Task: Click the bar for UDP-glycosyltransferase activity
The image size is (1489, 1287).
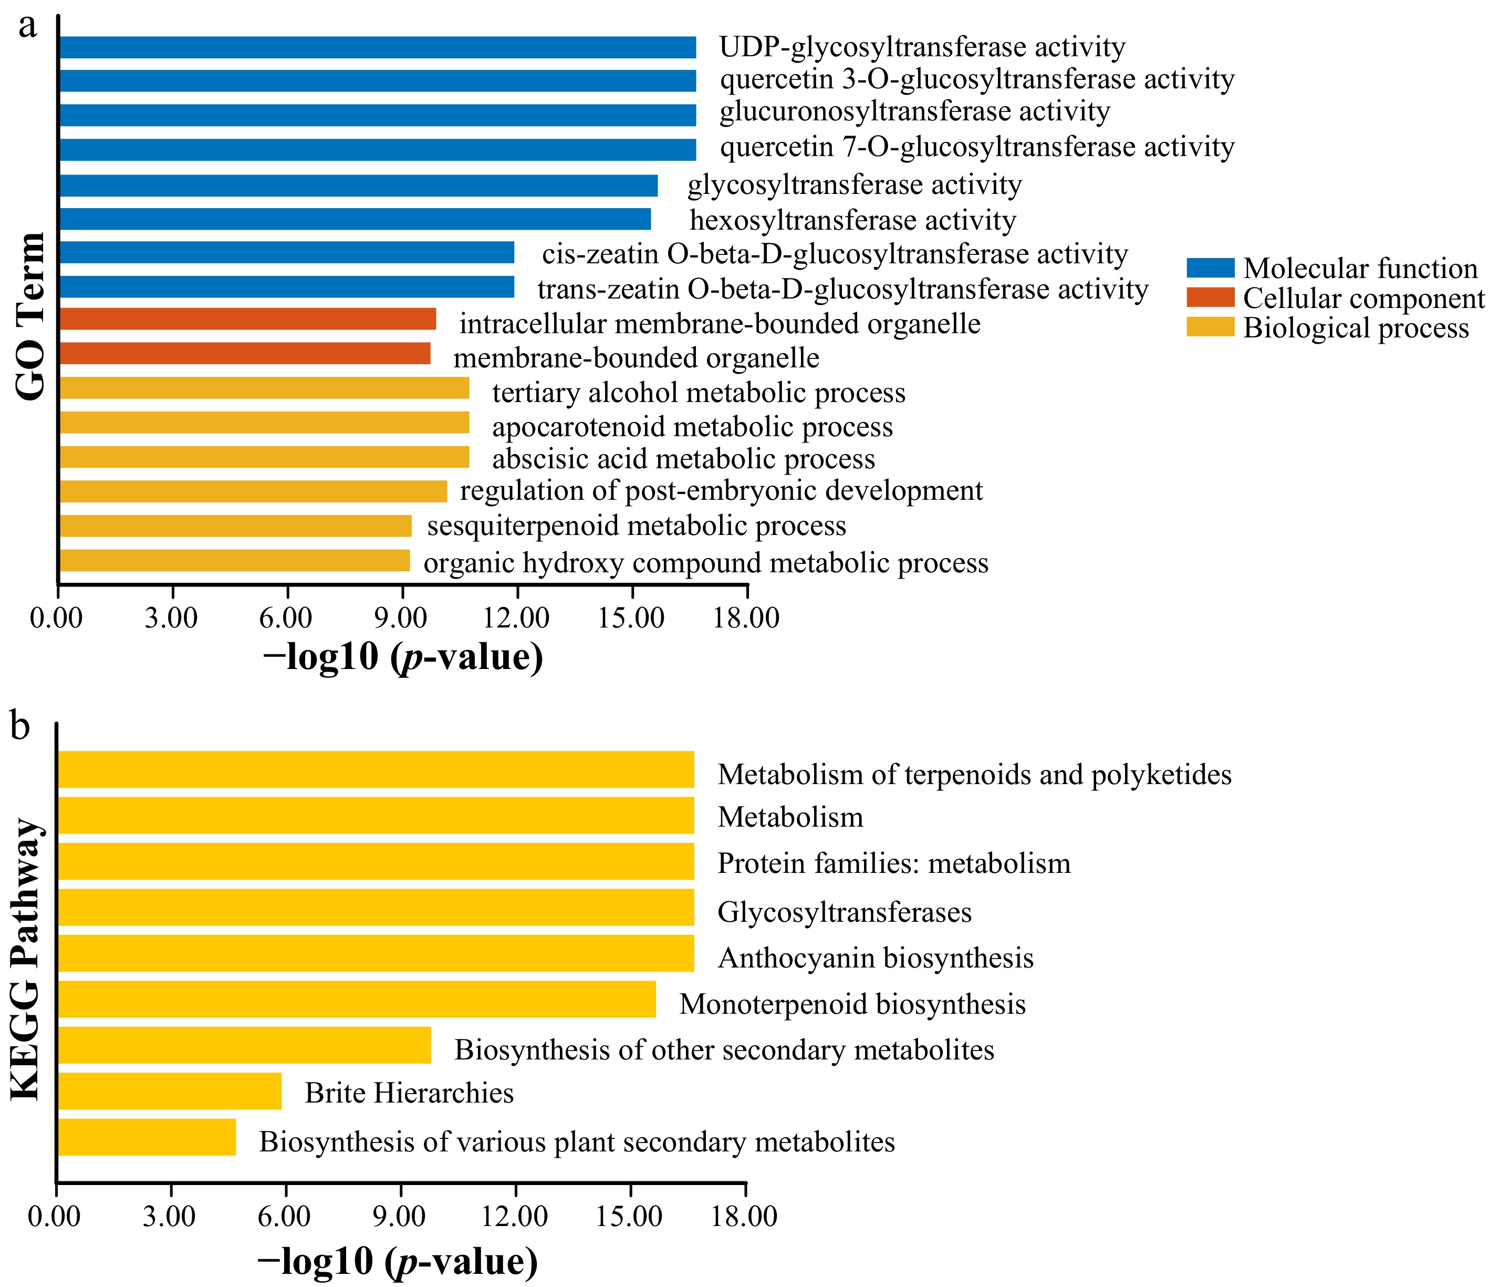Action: pyautogui.click(x=377, y=47)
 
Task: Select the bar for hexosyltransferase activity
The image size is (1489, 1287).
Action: pyautogui.click(x=355, y=219)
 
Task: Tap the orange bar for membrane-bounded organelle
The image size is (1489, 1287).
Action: pyautogui.click(x=244, y=354)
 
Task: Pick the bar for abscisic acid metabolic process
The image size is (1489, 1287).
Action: pyautogui.click(x=264, y=457)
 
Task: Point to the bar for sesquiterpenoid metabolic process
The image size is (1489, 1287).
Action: pyautogui.click(x=235, y=526)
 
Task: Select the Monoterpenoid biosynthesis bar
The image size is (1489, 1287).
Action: pyautogui.click(x=357, y=1000)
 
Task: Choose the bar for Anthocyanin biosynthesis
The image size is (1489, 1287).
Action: pyautogui.click(x=376, y=953)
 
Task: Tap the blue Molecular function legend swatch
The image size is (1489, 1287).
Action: pyautogui.click(x=1210, y=268)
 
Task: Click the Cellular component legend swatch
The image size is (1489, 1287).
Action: pyautogui.click(x=1210, y=297)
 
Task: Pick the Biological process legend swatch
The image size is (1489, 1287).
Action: pyautogui.click(x=1210, y=327)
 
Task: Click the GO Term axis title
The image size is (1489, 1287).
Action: pyautogui.click(x=30, y=316)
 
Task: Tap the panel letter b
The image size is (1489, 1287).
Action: pyautogui.click(x=20, y=726)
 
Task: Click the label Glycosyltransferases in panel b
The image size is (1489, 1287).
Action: pyautogui.click(x=845, y=912)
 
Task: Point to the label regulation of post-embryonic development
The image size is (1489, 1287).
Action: pyautogui.click(x=721, y=491)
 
